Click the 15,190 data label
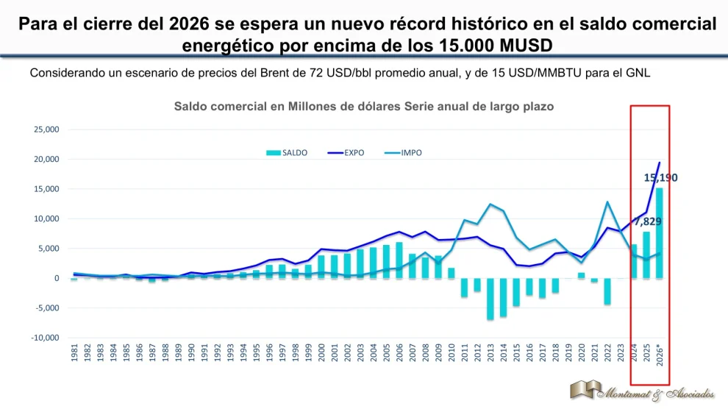coord(660,177)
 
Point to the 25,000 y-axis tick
coord(47,129)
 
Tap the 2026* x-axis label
coord(660,358)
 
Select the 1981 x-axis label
coord(74,355)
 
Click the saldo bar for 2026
coord(660,233)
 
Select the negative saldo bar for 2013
coord(490,299)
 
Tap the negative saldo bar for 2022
coord(607,291)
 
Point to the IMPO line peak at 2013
coord(490,204)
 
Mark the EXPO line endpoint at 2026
coord(660,163)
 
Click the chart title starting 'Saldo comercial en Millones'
coord(363,106)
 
